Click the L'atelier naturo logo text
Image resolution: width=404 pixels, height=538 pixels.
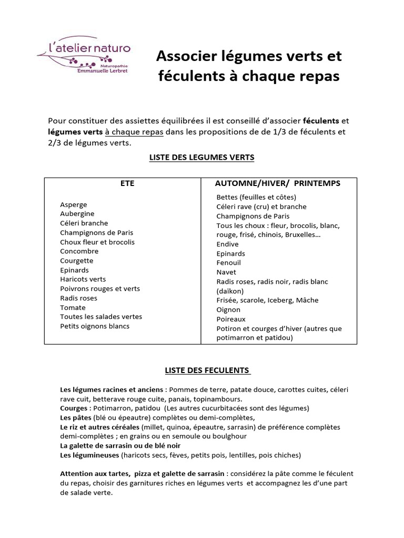[89, 49]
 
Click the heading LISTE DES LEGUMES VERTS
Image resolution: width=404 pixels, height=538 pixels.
[202, 157]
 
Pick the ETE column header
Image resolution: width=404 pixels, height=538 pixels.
[128, 183]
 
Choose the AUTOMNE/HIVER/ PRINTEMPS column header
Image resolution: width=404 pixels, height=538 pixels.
[278, 183]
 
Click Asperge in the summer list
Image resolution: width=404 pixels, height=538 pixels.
[74, 204]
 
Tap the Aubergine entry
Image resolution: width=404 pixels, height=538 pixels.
[77, 214]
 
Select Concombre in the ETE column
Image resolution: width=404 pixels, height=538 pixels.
[79, 251]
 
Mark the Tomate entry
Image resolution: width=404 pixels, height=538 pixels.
[73, 307]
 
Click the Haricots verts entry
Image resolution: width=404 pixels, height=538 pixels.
[83, 280]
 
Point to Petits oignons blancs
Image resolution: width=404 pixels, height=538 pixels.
[95, 326]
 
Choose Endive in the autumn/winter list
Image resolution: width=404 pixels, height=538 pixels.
[227, 244]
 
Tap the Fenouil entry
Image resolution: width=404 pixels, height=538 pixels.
[228, 263]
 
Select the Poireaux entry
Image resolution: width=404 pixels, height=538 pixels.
[231, 319]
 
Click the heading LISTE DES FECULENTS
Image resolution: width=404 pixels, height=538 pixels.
[207, 370]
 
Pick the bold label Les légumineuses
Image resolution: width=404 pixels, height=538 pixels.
[90, 455]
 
